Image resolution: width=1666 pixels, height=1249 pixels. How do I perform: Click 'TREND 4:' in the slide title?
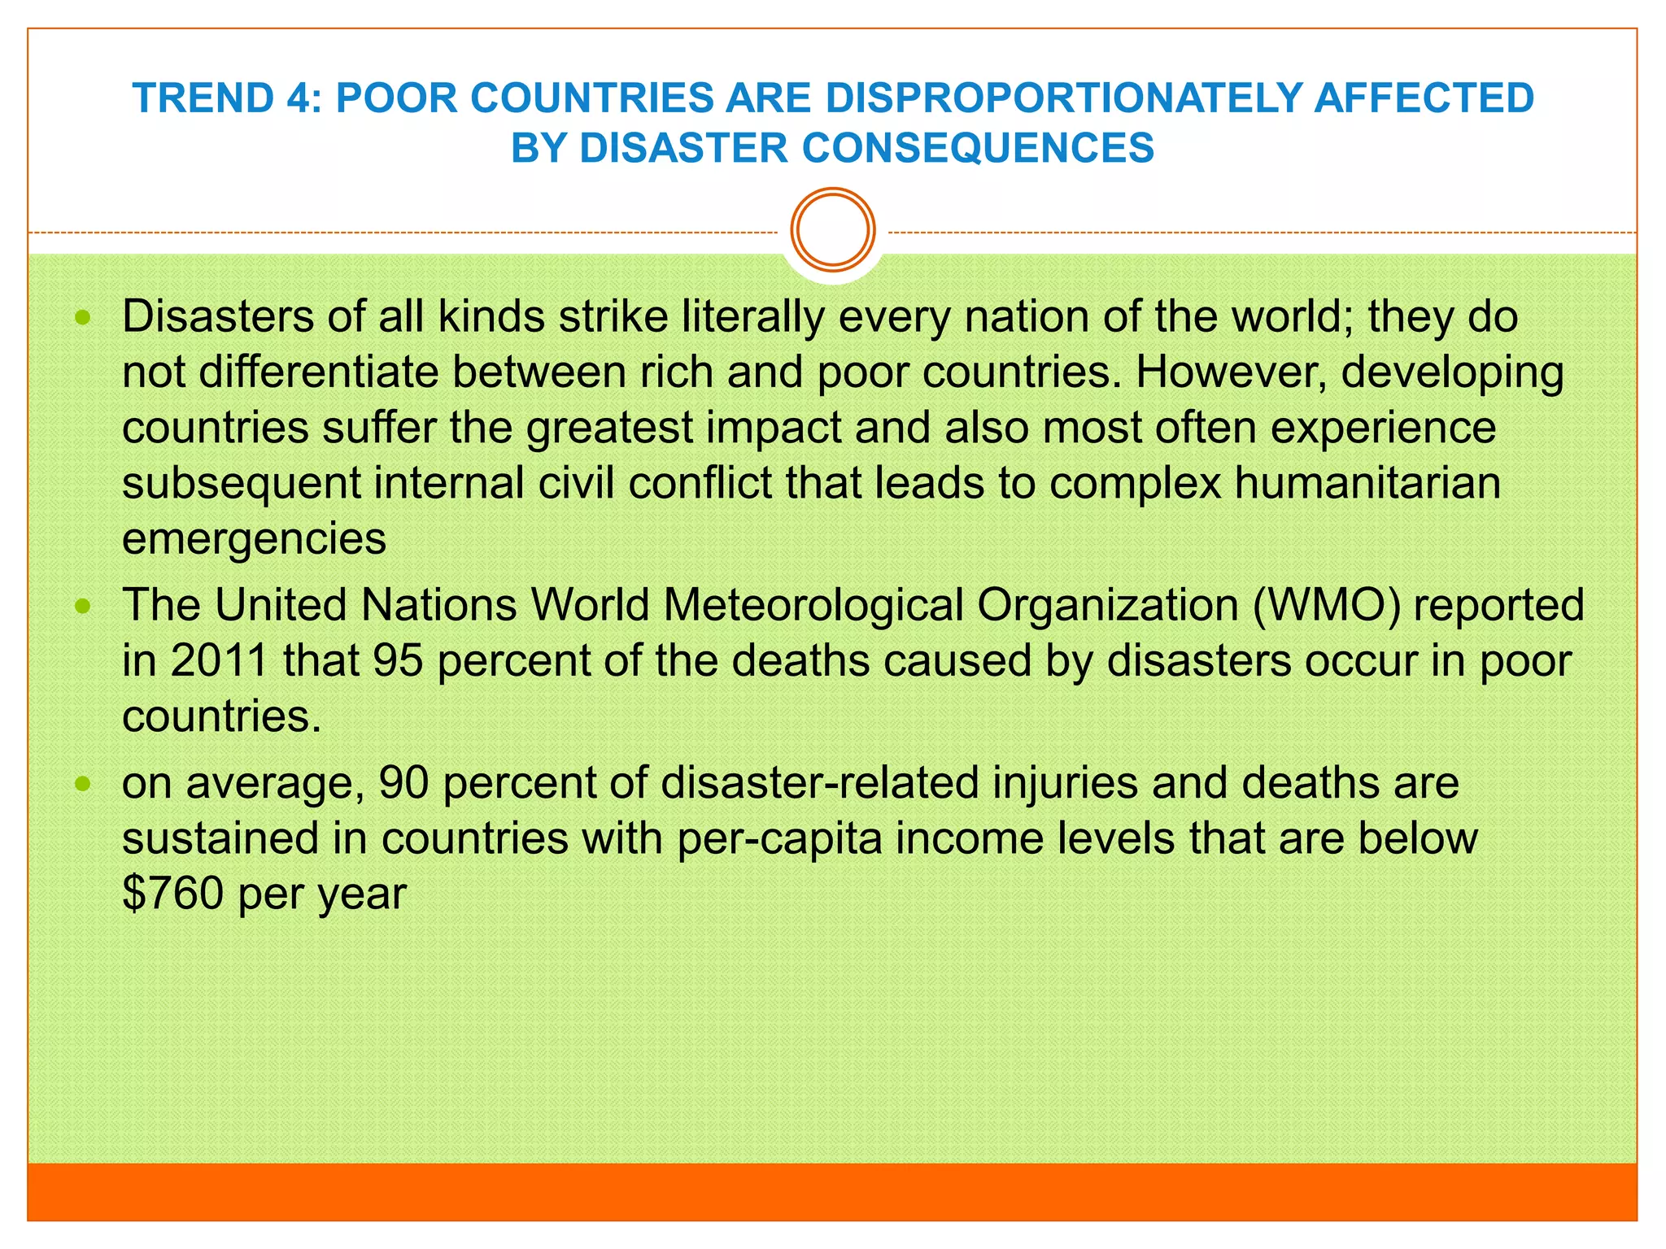click(x=227, y=98)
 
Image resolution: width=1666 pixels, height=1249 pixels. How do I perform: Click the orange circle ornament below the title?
click(x=833, y=229)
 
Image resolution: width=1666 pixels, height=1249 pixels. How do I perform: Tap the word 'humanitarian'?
click(x=1367, y=483)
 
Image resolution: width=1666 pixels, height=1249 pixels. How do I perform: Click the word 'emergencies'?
click(x=254, y=539)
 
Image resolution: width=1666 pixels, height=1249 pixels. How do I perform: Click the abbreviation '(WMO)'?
click(x=1326, y=605)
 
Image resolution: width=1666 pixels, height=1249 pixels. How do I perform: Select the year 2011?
click(x=219, y=660)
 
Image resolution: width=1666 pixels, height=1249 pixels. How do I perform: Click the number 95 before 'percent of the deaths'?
click(x=398, y=660)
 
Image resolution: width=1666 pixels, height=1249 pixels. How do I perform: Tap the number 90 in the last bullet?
click(x=403, y=783)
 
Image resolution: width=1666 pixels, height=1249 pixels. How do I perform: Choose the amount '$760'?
click(x=172, y=894)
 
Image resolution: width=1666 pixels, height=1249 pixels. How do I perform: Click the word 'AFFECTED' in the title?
click(x=1424, y=98)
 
